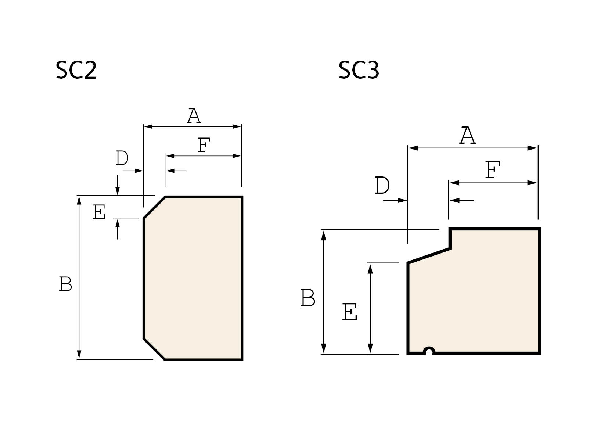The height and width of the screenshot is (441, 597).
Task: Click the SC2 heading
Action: coord(76,70)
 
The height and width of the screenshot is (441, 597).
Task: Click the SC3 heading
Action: coord(359,70)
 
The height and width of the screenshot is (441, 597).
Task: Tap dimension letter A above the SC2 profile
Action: coord(194,116)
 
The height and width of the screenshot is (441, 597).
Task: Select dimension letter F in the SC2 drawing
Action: coord(204,145)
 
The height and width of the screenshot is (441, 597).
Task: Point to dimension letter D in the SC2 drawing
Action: coord(122,158)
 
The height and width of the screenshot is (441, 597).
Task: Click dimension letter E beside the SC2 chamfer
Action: coord(99,212)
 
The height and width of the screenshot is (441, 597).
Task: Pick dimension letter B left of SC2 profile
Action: coord(65,284)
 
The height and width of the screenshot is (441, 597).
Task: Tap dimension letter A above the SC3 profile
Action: coord(468,135)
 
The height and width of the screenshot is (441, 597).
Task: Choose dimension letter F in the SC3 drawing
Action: coord(493,171)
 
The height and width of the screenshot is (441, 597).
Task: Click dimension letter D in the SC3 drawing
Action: coord(382,186)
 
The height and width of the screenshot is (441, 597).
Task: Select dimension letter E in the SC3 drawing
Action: coord(349,312)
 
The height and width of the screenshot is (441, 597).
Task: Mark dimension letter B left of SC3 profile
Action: coord(308,298)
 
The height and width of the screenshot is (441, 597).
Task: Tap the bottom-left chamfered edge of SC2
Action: coord(154,349)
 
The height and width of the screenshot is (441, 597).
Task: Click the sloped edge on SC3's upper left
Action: coord(429,256)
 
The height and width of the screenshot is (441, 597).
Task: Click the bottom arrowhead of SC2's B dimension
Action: coord(79,355)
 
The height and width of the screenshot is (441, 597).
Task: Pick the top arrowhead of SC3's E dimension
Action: coord(370,268)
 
